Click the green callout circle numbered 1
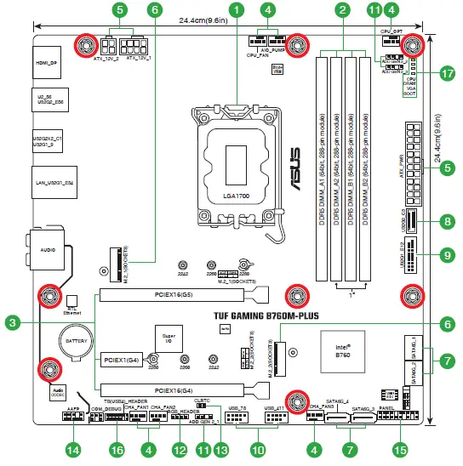point(235,10)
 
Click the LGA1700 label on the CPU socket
point(235,196)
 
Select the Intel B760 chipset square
point(339,348)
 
